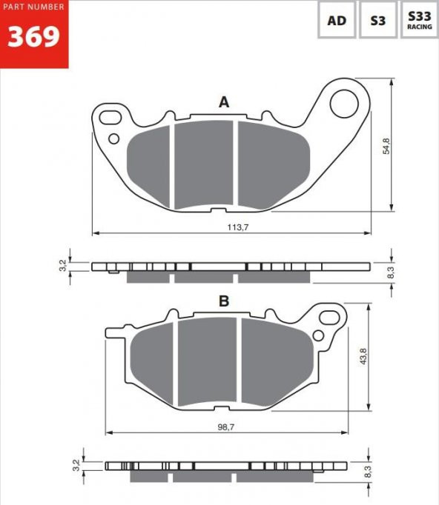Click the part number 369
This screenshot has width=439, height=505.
[x=33, y=36]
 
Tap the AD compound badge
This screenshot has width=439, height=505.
[x=337, y=20]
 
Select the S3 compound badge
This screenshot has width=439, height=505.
[x=378, y=20]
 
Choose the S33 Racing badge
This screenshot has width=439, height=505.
[x=419, y=20]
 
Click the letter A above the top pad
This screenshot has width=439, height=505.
[x=224, y=102]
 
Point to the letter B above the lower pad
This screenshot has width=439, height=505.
[x=224, y=301]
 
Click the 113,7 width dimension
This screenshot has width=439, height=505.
[x=238, y=227]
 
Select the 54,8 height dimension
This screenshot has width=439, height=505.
[x=386, y=146]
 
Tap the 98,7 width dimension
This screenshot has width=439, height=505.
[x=226, y=427]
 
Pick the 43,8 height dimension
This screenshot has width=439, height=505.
[x=363, y=356]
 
